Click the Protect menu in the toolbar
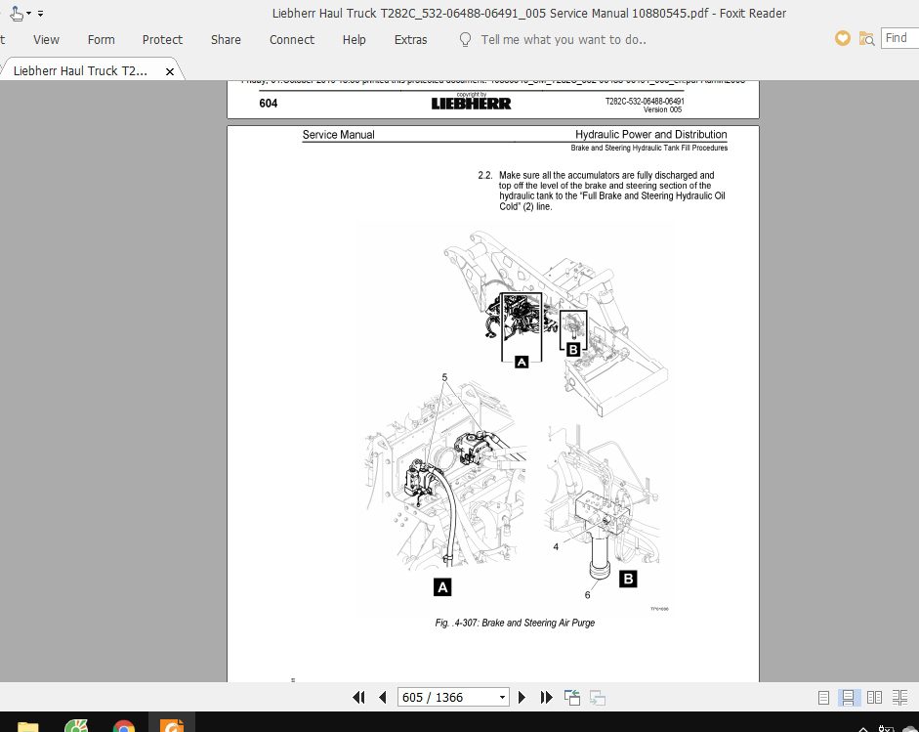pos(162,40)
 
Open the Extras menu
pos(410,40)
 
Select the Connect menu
pos(292,40)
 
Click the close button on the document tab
pos(170,71)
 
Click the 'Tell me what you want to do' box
pos(563,40)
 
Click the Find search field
pos(899,38)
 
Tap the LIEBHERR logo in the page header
pos(471,104)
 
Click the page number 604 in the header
pos(269,103)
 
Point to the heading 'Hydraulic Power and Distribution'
pos(650,135)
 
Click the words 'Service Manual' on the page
pos(338,135)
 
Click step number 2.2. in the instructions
pos(484,176)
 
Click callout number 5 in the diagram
pos(444,377)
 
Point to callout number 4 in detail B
pos(556,547)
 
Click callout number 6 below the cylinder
pos(587,594)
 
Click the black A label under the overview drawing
pos(522,362)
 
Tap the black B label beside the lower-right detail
pos(628,579)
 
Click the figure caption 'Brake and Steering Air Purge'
pos(515,623)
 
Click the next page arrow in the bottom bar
pos(522,697)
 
